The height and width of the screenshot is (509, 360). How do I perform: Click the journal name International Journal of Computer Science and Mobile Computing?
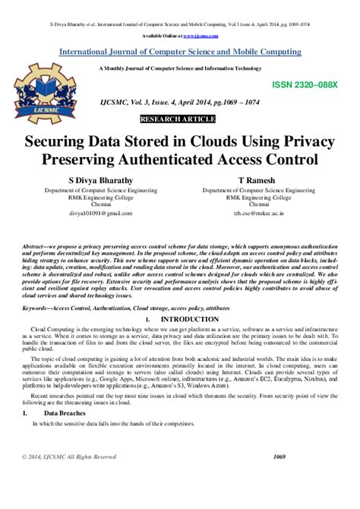pyautogui.click(x=180, y=52)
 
